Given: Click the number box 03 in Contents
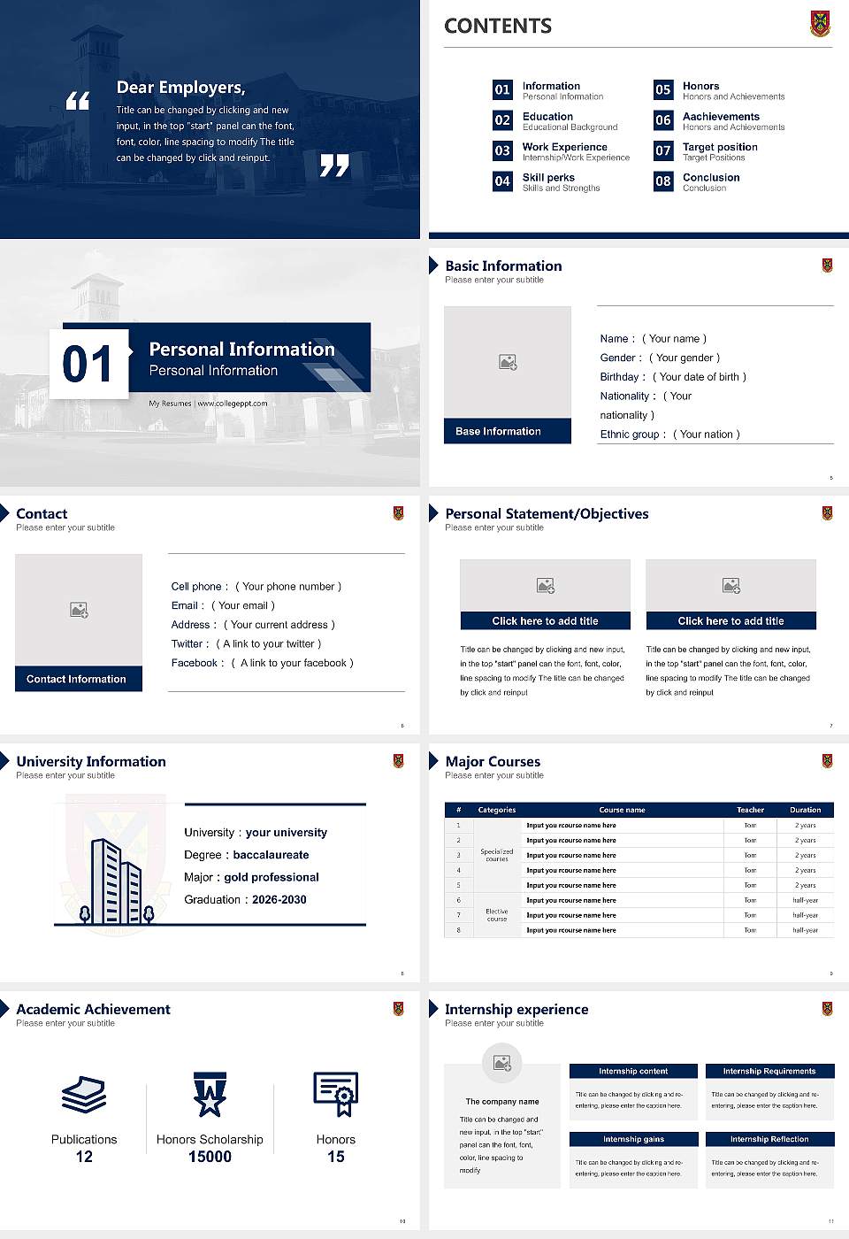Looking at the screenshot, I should (502, 150).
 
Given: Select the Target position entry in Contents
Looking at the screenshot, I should (720, 147).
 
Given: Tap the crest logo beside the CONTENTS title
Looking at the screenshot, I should (821, 24).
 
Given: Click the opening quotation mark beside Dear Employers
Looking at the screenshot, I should (78, 100).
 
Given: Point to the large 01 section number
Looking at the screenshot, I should (88, 364).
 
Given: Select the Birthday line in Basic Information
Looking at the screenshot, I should (673, 377).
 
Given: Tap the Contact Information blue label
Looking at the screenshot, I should (78, 679).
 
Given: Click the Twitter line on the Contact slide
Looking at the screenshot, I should (246, 644).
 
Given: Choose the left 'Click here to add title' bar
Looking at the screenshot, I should (545, 621).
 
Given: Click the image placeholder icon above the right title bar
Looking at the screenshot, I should (731, 585).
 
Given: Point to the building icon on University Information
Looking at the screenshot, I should (116, 881).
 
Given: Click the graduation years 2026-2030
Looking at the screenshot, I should (279, 900).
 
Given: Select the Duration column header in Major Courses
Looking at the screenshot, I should (805, 810).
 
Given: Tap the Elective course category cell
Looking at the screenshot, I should (497, 915).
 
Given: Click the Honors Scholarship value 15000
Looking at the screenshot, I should (210, 1157).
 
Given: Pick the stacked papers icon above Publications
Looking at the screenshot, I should (84, 1095).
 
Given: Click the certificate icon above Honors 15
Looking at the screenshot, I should (336, 1093).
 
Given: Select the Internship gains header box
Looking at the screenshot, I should (633, 1139).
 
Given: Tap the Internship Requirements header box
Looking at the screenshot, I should (769, 1071).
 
